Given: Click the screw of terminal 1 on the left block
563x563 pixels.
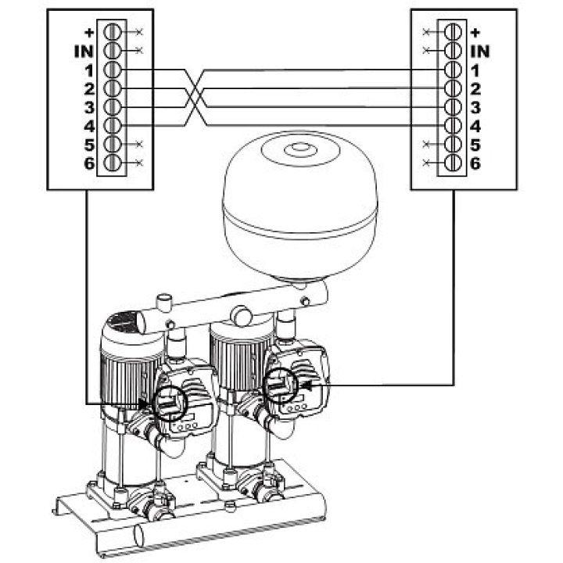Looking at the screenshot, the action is (112, 70).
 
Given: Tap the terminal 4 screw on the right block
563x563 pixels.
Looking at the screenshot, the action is (453, 126).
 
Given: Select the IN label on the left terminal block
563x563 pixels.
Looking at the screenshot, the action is (84, 52).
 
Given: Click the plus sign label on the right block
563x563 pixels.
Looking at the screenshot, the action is (475, 33).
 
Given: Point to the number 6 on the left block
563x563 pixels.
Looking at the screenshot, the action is (89, 163).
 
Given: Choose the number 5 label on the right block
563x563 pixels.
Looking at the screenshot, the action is (475, 145).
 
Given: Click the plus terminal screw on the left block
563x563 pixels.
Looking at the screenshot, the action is (112, 32).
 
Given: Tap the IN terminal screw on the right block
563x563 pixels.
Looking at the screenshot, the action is (453, 51).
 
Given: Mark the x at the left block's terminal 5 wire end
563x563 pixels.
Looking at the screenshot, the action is (140, 145).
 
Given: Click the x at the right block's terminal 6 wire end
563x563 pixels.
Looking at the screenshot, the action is (426, 163).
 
